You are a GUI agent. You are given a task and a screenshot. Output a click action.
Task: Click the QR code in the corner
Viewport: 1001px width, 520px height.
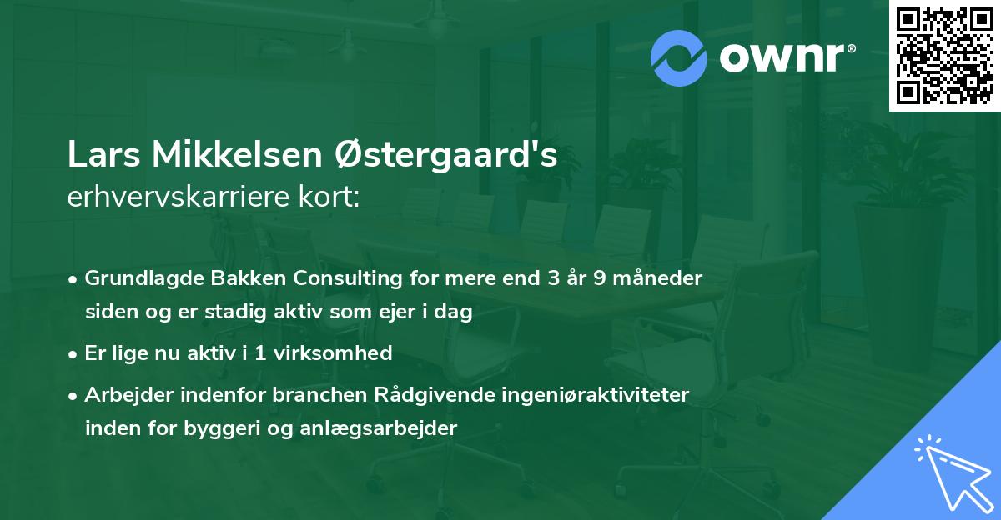pos(943,56)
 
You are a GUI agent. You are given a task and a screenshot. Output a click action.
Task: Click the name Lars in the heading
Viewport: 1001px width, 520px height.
pos(103,156)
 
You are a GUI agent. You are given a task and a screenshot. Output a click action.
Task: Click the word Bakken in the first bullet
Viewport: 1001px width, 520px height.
pos(229,278)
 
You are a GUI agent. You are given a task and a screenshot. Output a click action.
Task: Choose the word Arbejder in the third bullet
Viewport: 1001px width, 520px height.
pos(125,395)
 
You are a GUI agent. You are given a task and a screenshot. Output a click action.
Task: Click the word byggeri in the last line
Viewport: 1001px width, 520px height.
pos(257,430)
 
